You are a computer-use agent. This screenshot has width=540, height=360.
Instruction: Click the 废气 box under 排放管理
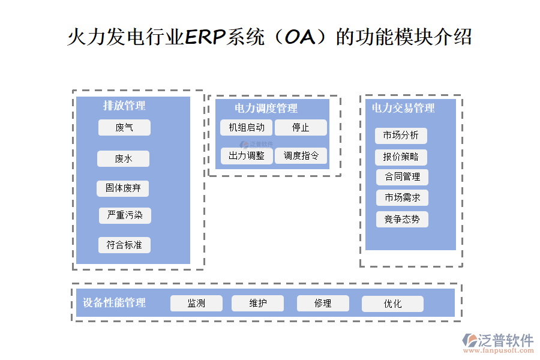124,128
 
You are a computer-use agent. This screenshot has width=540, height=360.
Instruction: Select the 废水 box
123,159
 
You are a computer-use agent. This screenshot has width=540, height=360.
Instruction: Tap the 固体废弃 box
123,188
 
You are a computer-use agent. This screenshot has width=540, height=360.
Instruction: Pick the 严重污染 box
125,215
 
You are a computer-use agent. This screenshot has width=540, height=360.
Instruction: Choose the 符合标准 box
124,245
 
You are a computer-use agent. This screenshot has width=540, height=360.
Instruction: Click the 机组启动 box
247,128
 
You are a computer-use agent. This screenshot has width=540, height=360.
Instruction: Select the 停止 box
301,128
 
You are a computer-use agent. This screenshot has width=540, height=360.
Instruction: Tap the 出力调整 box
247,156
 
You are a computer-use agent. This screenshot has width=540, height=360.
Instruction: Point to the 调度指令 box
301,156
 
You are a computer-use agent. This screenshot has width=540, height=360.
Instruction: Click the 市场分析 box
401,136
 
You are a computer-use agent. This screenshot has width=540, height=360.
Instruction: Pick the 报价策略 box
401,157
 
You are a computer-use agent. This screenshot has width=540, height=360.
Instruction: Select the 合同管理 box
402,177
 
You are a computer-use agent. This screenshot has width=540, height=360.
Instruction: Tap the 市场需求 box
402,197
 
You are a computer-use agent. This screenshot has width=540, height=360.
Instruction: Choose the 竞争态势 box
402,219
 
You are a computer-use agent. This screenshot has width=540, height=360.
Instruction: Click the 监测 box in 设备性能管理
196,304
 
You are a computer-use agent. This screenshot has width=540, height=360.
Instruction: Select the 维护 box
258,304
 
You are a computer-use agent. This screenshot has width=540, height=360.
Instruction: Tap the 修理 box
323,304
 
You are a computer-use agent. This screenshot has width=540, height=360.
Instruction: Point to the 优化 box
392,304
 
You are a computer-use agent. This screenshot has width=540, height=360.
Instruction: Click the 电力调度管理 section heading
266,109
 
